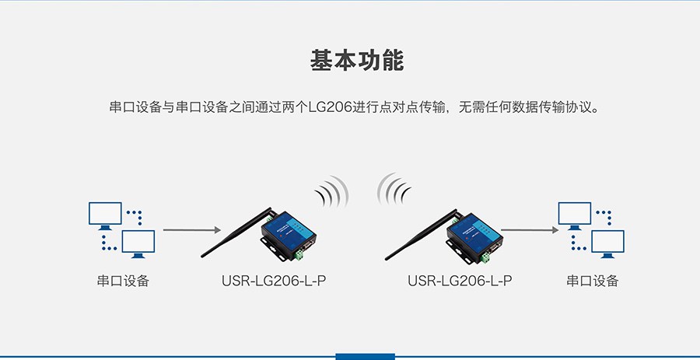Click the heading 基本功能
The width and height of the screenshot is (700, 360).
(357, 61)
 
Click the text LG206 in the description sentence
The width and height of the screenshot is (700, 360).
(330, 108)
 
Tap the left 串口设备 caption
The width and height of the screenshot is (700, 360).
(123, 281)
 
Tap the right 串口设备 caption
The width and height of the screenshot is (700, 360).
(593, 281)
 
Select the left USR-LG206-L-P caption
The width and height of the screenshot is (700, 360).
(274, 281)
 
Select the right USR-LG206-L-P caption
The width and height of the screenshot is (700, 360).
(460, 281)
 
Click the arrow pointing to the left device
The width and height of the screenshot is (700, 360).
(192, 230)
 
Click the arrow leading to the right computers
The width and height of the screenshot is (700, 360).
(530, 230)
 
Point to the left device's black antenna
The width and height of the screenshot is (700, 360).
(236, 232)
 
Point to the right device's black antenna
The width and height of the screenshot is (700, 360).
(421, 235)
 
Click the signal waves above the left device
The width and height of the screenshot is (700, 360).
(331, 192)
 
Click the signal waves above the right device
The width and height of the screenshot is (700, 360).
(394, 189)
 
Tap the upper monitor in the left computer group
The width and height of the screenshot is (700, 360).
(105, 215)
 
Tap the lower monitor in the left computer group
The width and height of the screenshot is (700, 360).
(138, 243)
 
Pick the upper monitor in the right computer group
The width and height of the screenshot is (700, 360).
(575, 215)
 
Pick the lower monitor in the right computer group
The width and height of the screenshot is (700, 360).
(608, 243)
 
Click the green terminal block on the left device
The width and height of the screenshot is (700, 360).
(298, 255)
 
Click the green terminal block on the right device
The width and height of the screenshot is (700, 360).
(485, 257)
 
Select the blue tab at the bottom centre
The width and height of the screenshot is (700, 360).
(366, 356)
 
